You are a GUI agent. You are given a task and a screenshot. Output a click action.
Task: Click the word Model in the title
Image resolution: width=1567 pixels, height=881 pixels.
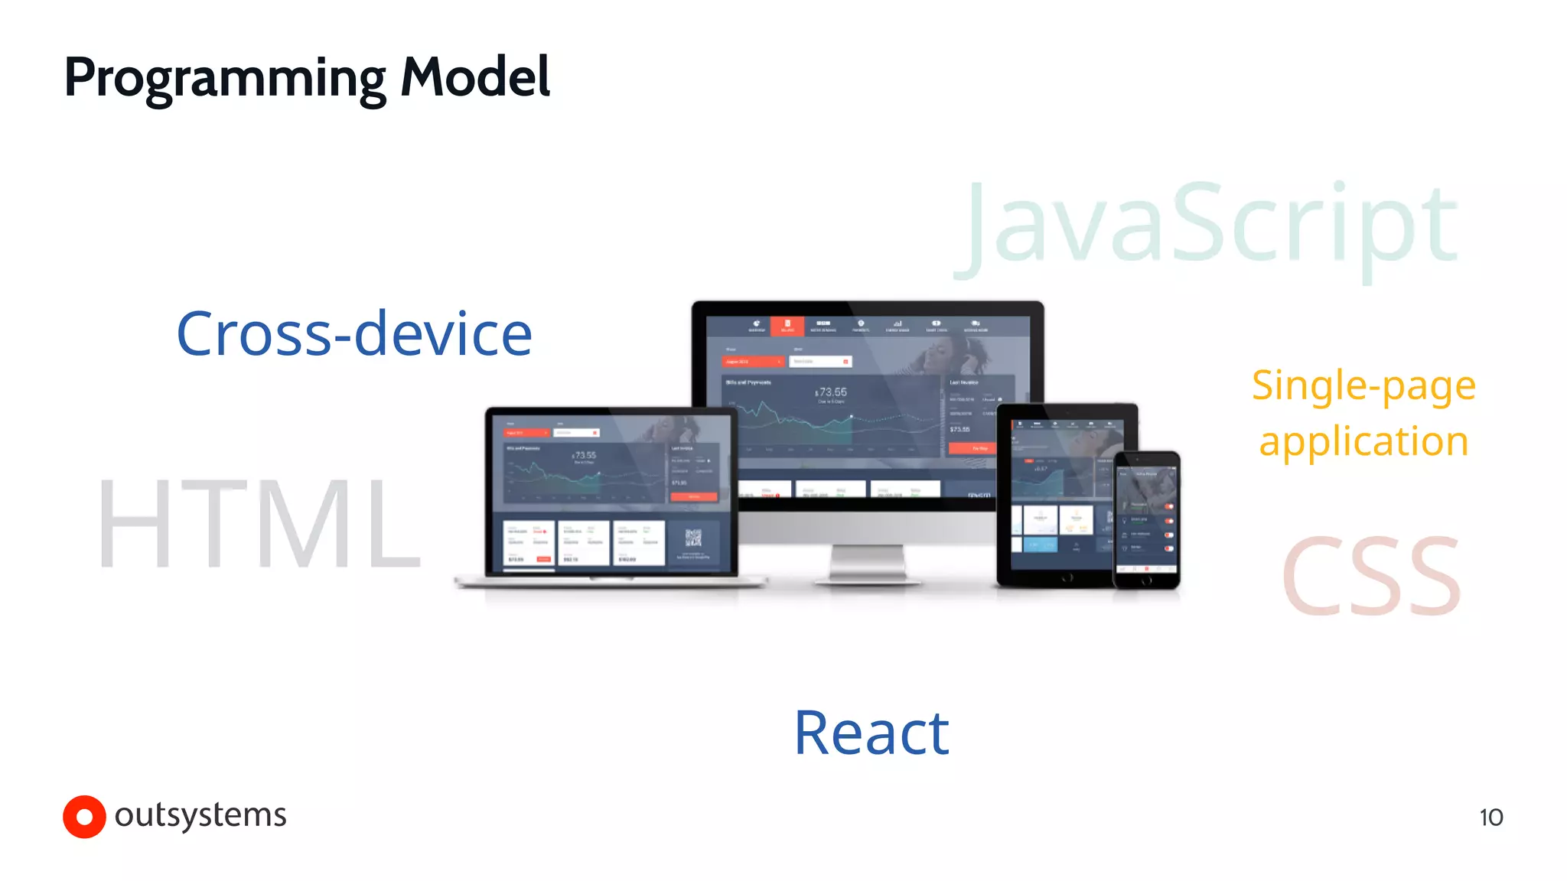click(474, 77)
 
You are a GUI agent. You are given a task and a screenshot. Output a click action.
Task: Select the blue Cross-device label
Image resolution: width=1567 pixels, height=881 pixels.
click(354, 334)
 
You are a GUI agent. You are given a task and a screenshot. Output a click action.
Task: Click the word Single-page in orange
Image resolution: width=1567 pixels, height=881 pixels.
click(1363, 385)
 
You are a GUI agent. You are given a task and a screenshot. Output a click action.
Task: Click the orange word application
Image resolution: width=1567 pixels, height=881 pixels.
click(1363, 442)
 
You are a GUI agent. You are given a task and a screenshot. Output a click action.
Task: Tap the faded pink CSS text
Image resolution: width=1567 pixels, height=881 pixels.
click(1371, 576)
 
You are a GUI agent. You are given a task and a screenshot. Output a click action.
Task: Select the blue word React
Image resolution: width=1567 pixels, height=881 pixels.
click(871, 733)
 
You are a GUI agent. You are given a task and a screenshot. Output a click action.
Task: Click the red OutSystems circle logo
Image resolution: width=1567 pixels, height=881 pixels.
click(84, 817)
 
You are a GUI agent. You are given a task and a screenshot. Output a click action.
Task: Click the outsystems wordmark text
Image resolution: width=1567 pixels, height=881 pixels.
click(200, 815)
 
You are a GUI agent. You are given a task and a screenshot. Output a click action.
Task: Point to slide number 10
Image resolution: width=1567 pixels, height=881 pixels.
click(1490, 818)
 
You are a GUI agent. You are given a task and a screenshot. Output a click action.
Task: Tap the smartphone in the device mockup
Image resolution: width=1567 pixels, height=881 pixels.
click(1145, 520)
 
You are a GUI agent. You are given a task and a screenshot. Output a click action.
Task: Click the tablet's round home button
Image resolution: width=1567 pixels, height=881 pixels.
click(1067, 578)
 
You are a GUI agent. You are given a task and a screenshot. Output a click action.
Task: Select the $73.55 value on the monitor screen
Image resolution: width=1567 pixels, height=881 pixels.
click(832, 392)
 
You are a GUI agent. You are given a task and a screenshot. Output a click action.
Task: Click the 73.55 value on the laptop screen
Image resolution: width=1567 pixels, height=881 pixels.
click(585, 455)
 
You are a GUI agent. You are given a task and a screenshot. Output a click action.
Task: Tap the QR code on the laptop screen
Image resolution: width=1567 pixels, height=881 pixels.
click(693, 538)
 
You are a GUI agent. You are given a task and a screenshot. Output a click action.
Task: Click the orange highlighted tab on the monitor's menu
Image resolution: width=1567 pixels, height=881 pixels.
click(787, 327)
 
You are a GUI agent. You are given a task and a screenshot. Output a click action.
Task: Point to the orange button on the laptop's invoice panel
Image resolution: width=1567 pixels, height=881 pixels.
click(693, 496)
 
